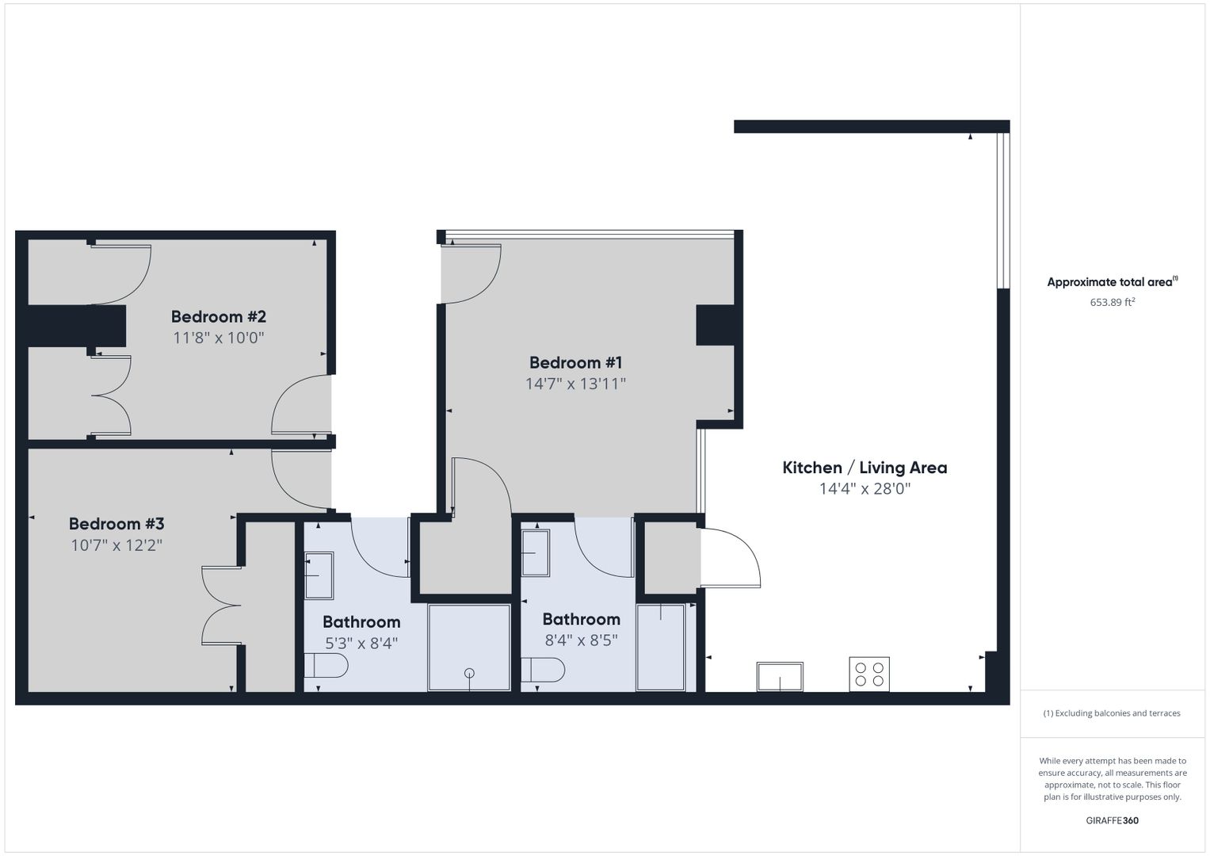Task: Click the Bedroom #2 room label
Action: tap(218, 317)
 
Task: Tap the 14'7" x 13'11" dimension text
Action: tap(575, 384)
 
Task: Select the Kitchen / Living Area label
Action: tap(865, 468)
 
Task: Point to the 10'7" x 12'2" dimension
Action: tap(116, 545)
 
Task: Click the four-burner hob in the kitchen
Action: tap(869, 674)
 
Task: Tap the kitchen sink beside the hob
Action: tap(780, 677)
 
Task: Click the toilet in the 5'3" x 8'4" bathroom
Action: tap(326, 665)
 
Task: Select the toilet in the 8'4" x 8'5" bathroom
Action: tap(543, 670)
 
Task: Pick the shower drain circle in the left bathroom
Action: tap(469, 673)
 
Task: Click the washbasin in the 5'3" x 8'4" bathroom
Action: tap(319, 575)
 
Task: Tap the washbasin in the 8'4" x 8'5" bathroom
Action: tap(536, 553)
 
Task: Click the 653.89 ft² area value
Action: tap(1113, 302)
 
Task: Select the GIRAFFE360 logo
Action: tap(1113, 820)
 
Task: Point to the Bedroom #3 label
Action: tap(116, 524)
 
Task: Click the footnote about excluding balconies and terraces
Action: tap(1112, 713)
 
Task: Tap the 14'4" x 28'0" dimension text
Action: tap(865, 489)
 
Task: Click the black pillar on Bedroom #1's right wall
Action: tap(715, 325)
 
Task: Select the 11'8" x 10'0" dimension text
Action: tap(218, 338)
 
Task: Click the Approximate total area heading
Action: tap(1113, 281)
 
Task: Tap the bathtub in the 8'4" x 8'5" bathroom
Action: tap(661, 648)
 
